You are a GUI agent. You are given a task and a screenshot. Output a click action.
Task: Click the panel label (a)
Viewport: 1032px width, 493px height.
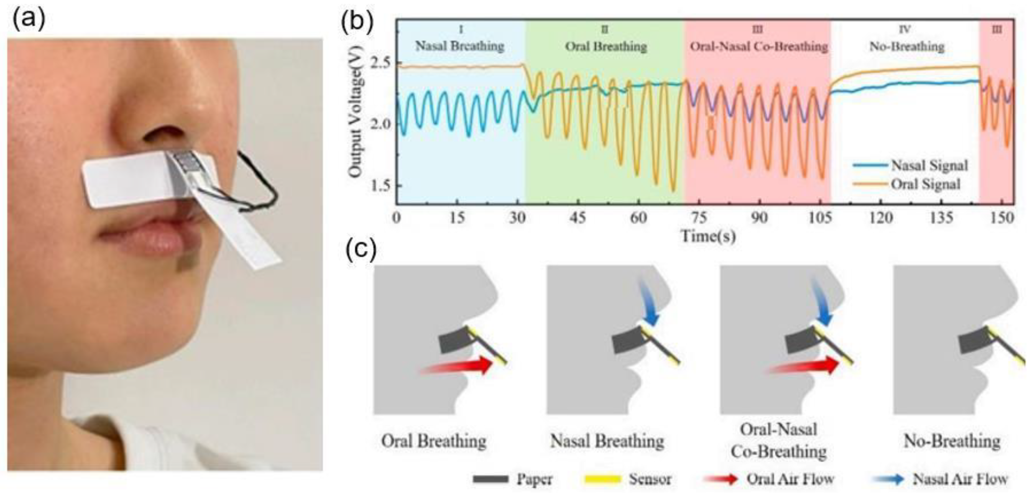tap(29, 20)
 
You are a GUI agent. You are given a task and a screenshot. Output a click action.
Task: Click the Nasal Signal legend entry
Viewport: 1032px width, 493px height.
tap(929, 165)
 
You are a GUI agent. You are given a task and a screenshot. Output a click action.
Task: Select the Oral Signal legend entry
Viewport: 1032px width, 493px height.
tap(925, 184)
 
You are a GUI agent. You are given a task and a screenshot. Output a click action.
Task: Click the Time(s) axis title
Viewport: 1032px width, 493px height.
tap(708, 236)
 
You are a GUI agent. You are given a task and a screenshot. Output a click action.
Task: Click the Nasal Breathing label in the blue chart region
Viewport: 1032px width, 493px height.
tap(459, 46)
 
